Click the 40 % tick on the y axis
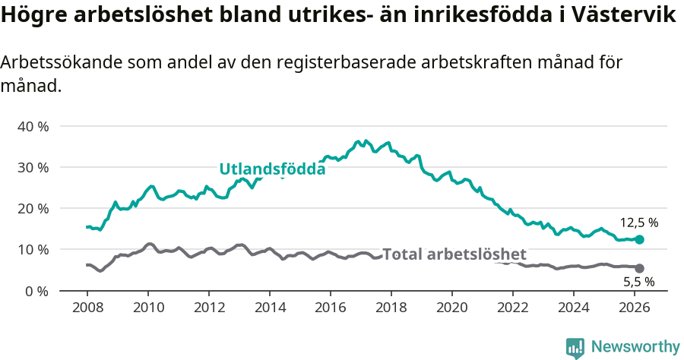tap(33, 126)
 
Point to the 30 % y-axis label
tap(33, 167)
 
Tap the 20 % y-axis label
tap(33, 208)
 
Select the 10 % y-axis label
tap(33, 250)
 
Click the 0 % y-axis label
tap(36, 291)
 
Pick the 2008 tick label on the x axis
tap(87, 308)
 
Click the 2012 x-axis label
tap(209, 308)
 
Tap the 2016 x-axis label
tap(331, 308)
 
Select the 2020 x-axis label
tap(452, 308)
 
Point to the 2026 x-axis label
tap(635, 308)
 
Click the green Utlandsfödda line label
tap(272, 169)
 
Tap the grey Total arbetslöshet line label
tap(454, 254)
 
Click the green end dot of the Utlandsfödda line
tap(639, 239)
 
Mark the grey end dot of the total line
tap(639, 268)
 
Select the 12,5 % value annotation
tap(639, 223)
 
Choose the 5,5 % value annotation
tap(639, 283)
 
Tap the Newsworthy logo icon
tap(575, 347)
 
